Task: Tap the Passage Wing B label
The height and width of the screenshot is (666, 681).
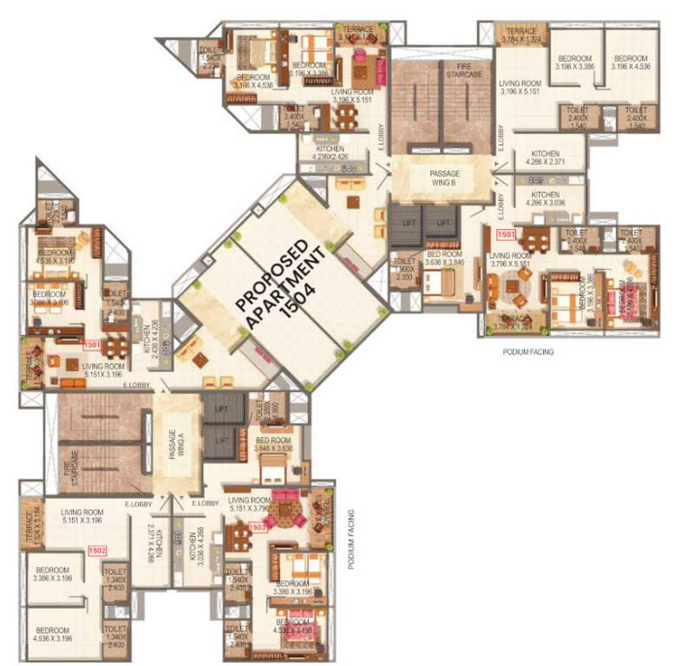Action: tap(444, 178)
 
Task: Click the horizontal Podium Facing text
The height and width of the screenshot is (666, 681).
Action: tap(527, 353)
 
